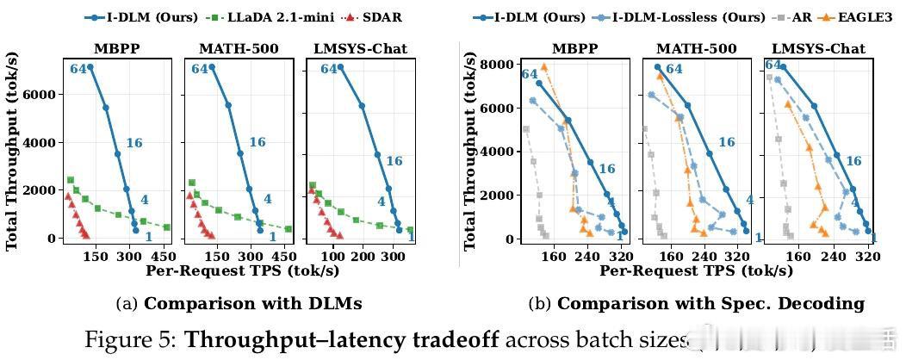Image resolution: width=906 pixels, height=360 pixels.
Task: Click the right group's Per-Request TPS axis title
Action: pyautogui.click(x=696, y=270)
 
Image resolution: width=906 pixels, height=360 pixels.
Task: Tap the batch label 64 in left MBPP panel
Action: pyautogui.click(x=79, y=69)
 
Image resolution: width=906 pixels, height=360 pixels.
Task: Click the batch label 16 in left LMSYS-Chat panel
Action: pyautogui.click(x=394, y=161)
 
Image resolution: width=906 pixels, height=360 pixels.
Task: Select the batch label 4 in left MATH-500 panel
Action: pyautogui.click(x=267, y=199)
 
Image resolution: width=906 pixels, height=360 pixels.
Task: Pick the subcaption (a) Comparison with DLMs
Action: pyautogui.click(x=239, y=303)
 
